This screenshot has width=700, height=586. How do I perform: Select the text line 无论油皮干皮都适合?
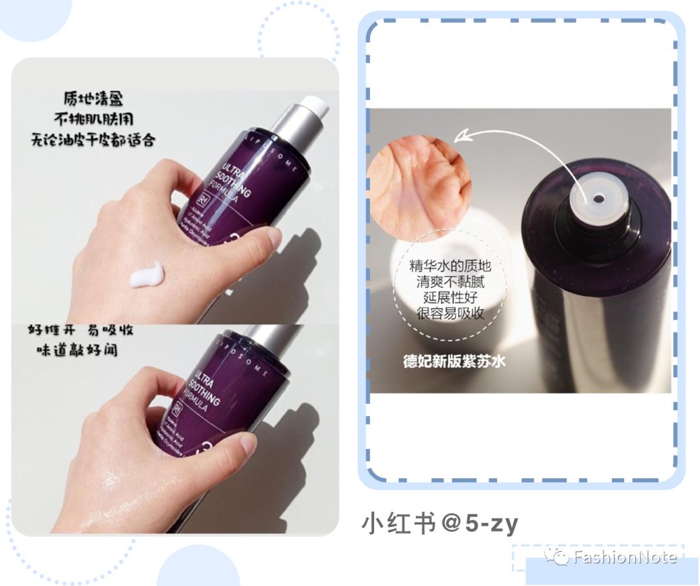pos(94,140)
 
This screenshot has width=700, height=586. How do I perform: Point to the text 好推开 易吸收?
pos(80,330)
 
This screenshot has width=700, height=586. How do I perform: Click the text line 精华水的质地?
pos(451,267)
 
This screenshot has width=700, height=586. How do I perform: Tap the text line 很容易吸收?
pos(451,313)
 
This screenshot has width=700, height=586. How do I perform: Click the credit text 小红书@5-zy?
pos(439,524)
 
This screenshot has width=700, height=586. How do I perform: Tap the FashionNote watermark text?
pos(624,557)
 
